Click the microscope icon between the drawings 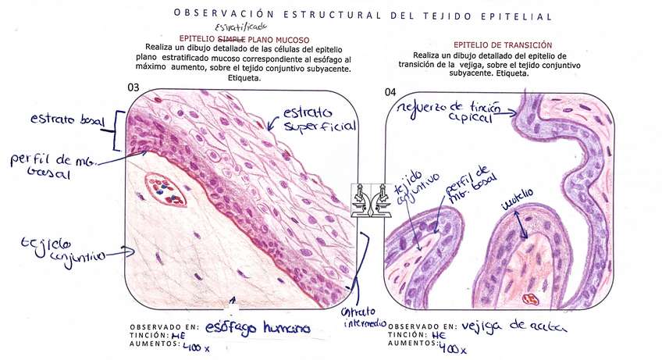(x=370, y=201)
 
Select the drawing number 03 (x=133, y=87)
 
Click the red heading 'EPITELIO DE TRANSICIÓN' (x=503, y=45)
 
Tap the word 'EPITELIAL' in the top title (x=517, y=16)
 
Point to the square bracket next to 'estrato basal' (x=118, y=129)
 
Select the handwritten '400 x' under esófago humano (x=195, y=344)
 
